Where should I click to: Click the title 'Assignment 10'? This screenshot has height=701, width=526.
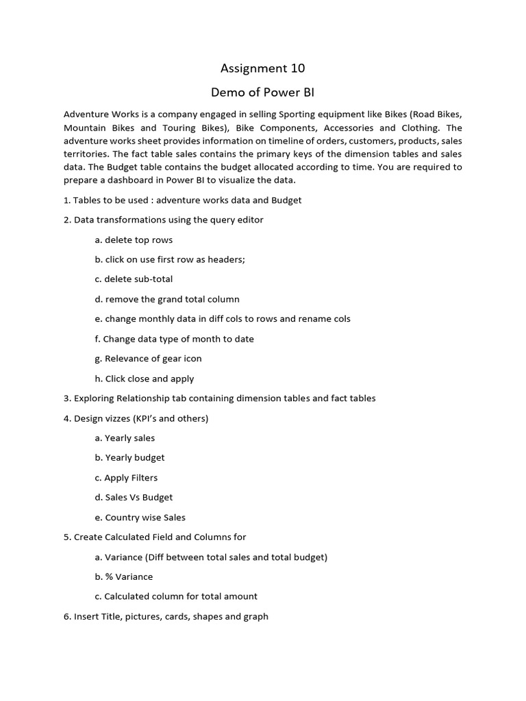click(262, 68)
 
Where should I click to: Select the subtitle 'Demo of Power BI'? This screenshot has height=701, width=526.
click(262, 92)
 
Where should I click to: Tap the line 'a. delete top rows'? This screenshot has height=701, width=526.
click(134, 240)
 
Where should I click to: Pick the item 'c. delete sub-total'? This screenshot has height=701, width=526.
click(134, 279)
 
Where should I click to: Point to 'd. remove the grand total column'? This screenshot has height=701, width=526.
click(167, 299)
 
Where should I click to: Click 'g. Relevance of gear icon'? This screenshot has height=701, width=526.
click(149, 358)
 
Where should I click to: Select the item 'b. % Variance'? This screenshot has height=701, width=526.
click(125, 576)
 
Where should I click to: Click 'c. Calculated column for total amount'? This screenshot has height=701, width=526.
click(177, 596)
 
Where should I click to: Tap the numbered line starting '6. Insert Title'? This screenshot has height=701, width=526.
click(166, 616)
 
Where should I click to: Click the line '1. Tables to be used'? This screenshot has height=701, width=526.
click(182, 200)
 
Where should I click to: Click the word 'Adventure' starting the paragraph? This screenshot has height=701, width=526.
click(86, 114)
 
